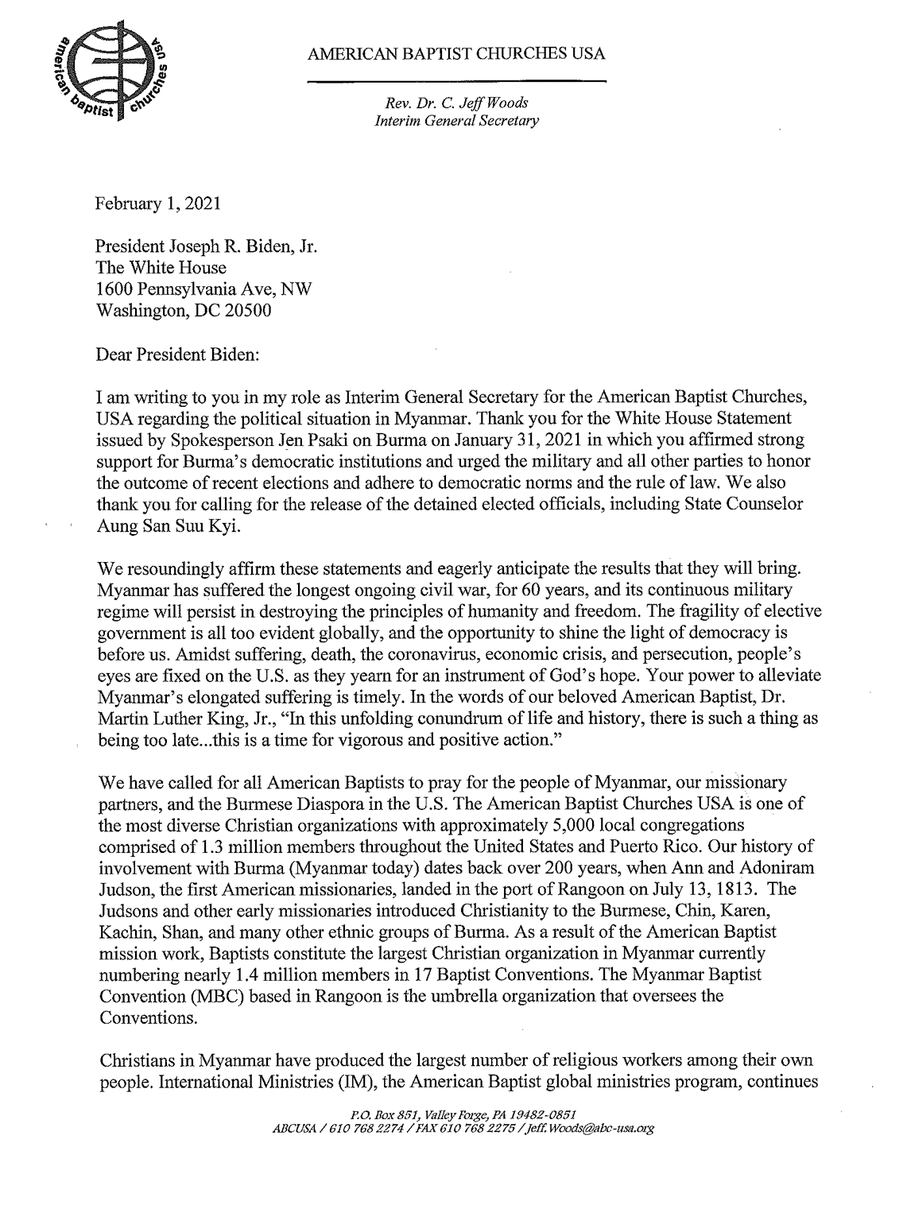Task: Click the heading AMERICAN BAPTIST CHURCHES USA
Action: tap(456, 54)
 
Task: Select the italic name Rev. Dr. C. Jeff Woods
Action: tap(456, 104)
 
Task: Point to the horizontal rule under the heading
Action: tap(456, 81)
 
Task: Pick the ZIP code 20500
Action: tap(246, 310)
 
